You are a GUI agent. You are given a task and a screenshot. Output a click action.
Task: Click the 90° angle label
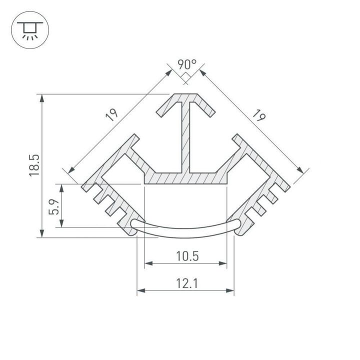coord(186,64)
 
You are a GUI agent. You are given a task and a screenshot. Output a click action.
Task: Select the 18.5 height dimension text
coord(34,165)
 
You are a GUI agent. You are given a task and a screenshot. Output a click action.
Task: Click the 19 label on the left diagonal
coord(112,114)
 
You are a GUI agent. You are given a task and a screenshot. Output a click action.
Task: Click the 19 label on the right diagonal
coord(258,116)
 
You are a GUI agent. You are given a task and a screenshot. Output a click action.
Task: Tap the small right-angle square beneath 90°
coord(185,77)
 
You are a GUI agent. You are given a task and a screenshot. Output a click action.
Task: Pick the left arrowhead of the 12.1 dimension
coord(140,290)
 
